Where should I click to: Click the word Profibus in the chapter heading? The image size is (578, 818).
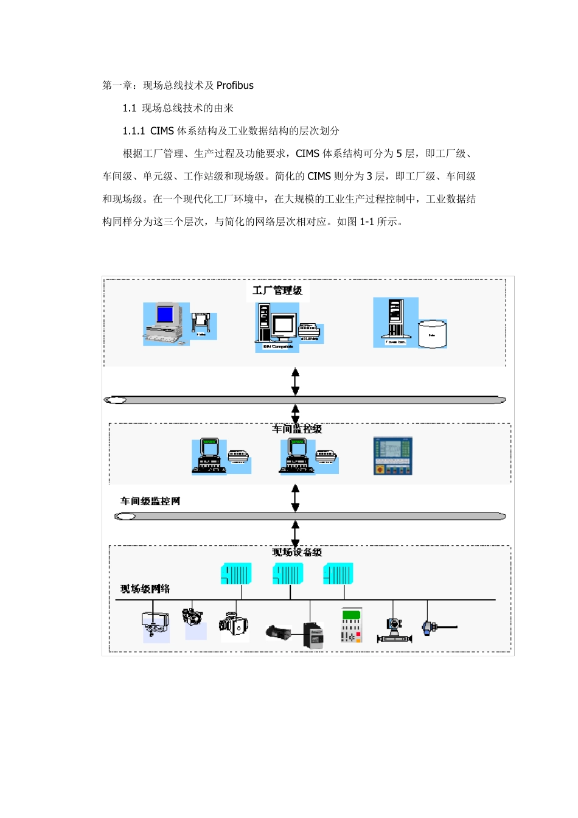(x=235, y=86)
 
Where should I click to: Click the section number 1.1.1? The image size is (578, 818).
(x=134, y=131)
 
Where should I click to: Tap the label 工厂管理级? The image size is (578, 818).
(x=277, y=290)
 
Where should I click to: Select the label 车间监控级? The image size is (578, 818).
(x=297, y=429)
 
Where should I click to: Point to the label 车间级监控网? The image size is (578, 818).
(x=150, y=502)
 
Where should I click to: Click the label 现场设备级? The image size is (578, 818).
(x=297, y=552)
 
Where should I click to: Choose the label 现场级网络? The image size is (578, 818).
(x=145, y=589)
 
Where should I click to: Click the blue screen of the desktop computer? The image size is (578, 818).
(x=165, y=314)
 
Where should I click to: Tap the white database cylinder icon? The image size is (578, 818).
(x=433, y=334)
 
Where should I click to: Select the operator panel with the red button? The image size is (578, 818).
(x=392, y=456)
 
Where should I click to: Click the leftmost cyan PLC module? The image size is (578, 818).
(x=235, y=574)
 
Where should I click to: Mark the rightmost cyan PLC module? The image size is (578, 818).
(x=338, y=574)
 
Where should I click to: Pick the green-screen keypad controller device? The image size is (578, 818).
(x=351, y=625)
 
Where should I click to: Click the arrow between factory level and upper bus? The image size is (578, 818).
(x=296, y=381)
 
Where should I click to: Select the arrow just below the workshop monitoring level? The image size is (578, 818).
(x=296, y=497)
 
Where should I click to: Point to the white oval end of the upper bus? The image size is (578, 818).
(x=116, y=400)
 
